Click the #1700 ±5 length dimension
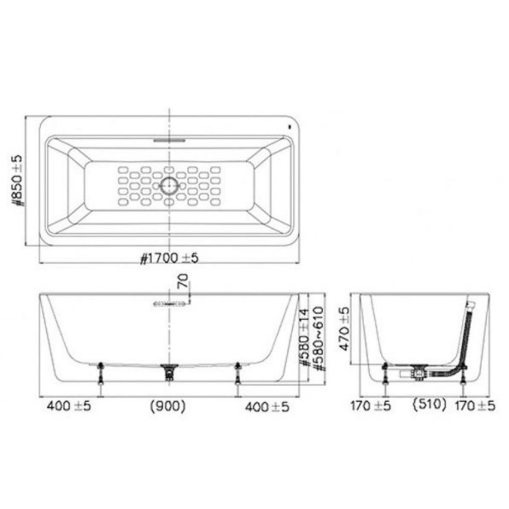pyautogui.click(x=169, y=258)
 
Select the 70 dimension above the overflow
pyautogui.click(x=183, y=280)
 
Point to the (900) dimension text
pyautogui.click(x=168, y=406)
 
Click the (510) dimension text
pyautogui.click(x=429, y=404)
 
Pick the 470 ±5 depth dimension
pyautogui.click(x=344, y=329)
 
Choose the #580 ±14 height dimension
pyautogui.click(x=304, y=338)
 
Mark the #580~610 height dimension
pyautogui.click(x=319, y=338)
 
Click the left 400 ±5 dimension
pyautogui.click(x=69, y=406)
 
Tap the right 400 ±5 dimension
pyautogui.click(x=267, y=407)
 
